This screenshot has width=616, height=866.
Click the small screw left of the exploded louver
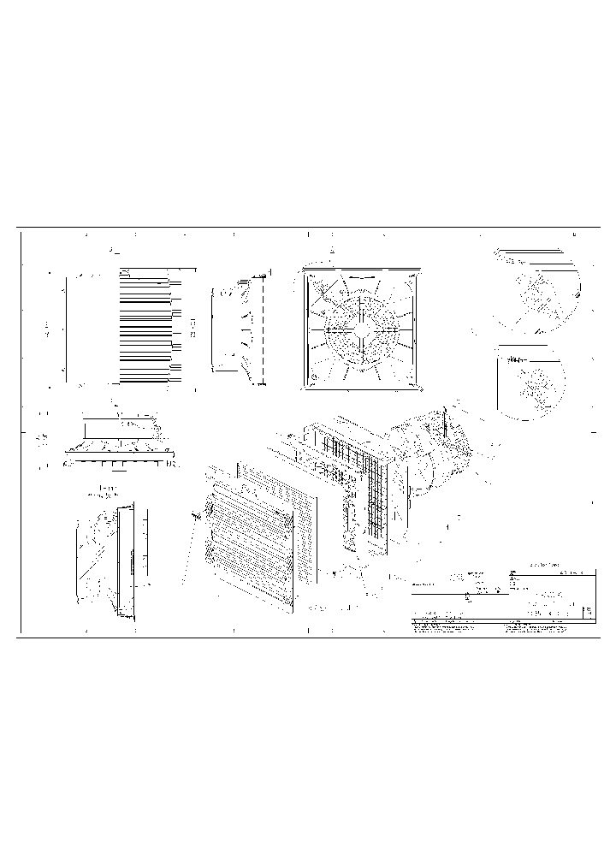pyautogui.click(x=196, y=516)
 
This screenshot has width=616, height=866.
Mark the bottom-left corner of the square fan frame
pyautogui.click(x=305, y=385)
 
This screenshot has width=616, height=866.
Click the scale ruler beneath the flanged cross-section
pyautogui.click(x=120, y=464)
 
